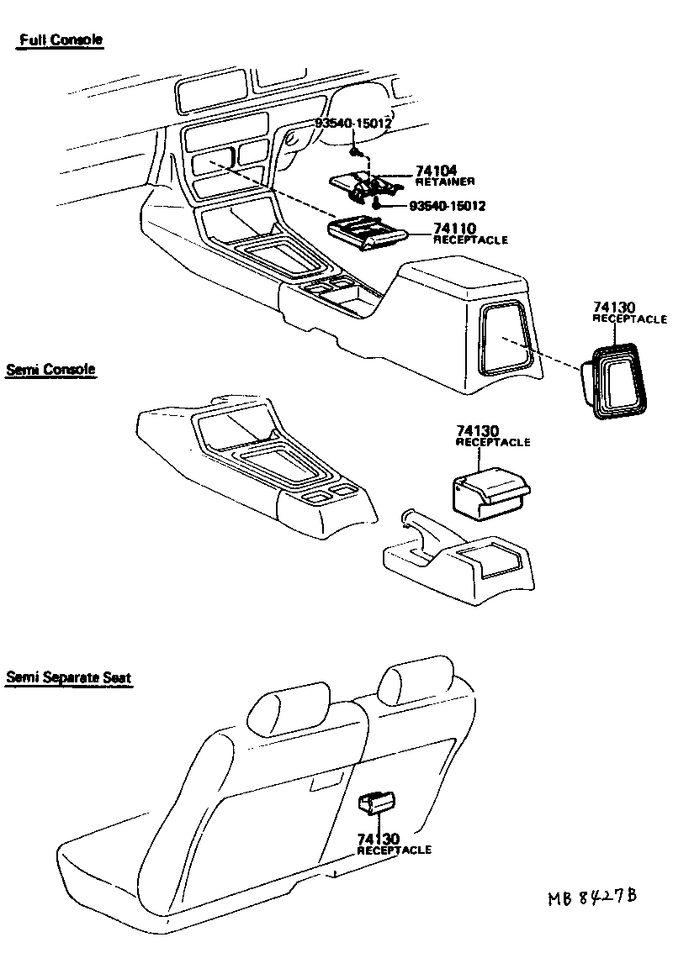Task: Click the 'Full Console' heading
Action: click(61, 40)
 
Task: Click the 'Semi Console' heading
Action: click(50, 369)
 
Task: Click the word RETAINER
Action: click(446, 182)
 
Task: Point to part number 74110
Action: click(454, 229)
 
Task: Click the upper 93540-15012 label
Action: click(352, 124)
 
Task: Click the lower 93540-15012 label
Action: click(448, 205)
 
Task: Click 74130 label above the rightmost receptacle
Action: click(614, 308)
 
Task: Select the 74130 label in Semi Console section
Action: click(478, 431)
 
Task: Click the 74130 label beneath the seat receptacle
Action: click(379, 839)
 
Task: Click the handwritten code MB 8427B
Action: click(591, 898)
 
